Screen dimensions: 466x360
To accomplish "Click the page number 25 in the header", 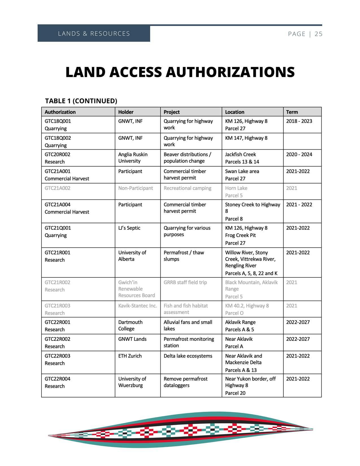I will [318, 34].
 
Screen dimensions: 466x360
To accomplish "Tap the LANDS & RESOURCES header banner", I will [94, 34].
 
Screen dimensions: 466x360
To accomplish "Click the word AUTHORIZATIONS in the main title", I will [230, 72].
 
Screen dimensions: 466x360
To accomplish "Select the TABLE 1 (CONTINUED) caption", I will [81, 101].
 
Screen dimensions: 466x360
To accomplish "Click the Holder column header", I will [126, 112].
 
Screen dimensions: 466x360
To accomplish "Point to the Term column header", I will [292, 112].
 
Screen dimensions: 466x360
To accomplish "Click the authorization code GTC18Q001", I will [58, 121].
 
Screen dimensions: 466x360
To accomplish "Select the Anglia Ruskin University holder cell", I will [133, 158].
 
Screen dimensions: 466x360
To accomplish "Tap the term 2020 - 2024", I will [299, 154].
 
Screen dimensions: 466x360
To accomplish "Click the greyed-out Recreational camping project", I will [187, 188].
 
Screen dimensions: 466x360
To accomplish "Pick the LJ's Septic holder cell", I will [129, 228].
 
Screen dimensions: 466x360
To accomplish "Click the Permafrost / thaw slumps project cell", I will [184, 256].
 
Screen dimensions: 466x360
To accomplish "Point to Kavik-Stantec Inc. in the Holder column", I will [138, 306].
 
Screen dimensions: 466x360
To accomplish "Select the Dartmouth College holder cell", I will [130, 325].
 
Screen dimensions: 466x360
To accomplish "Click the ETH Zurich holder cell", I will [130, 356].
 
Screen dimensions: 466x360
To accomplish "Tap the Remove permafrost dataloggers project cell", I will [186, 382].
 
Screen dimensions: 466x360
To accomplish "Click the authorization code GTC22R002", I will [58, 339].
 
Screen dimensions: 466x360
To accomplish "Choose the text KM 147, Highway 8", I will [246, 138].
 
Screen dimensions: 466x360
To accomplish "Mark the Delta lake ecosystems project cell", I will [188, 356].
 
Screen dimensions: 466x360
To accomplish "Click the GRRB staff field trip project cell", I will [185, 282].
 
